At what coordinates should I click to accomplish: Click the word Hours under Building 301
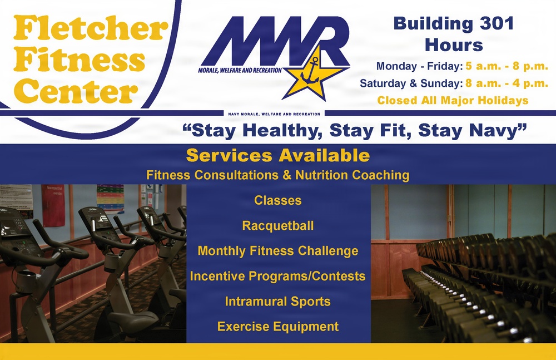[x=454, y=45]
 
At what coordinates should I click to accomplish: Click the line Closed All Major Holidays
[x=453, y=101]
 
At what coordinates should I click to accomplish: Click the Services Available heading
[x=277, y=155]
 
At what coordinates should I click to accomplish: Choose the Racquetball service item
[x=277, y=225]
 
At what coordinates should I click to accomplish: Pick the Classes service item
[x=277, y=200]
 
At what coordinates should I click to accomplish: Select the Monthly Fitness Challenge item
[x=277, y=251]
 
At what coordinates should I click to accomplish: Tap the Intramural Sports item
[x=277, y=302]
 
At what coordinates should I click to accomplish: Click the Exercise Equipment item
[x=277, y=327]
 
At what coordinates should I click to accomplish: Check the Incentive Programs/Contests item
[x=277, y=276]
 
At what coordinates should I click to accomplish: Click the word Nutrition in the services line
[x=322, y=175]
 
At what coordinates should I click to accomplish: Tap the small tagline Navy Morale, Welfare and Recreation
[x=274, y=114]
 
